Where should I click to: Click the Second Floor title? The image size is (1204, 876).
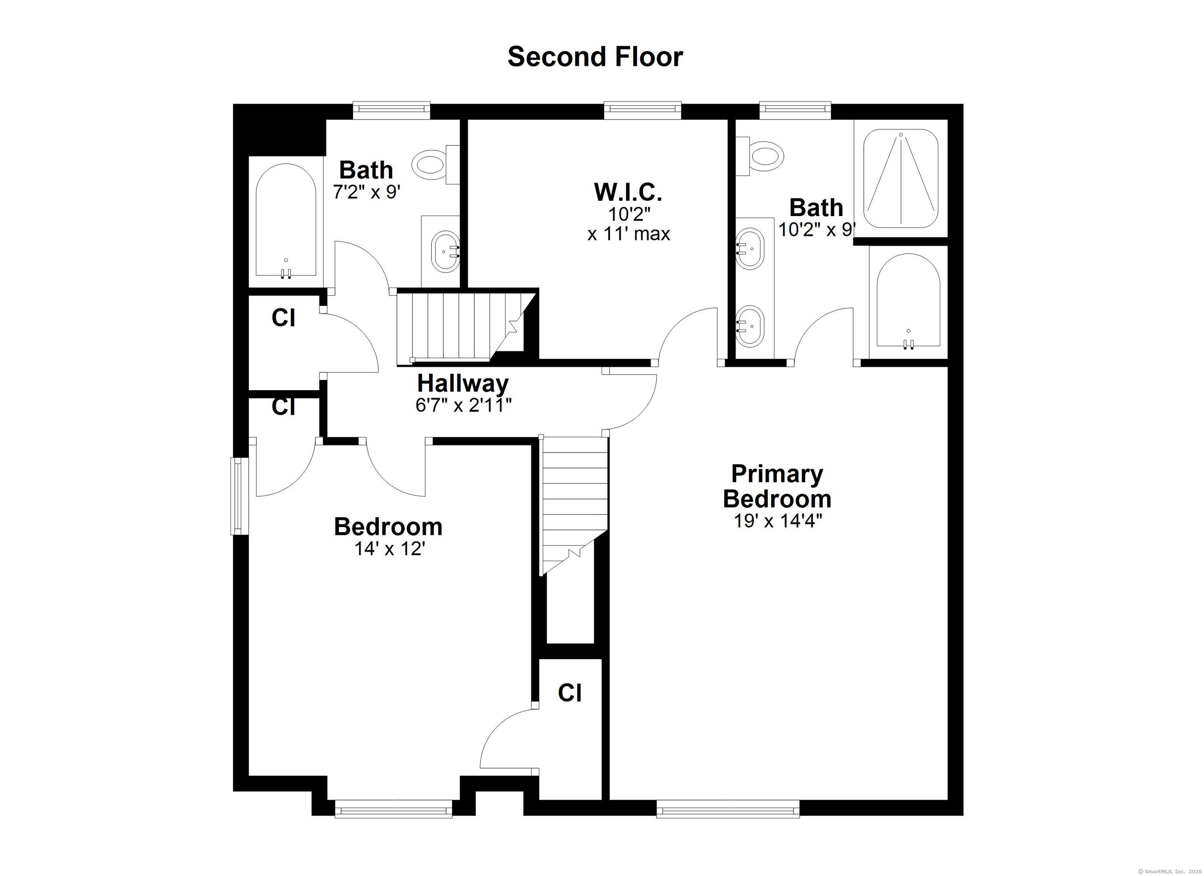point(595,57)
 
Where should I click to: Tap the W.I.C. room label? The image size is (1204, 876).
point(628,192)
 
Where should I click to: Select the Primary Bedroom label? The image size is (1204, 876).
point(777,486)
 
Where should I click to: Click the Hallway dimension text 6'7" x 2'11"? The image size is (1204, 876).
point(463,405)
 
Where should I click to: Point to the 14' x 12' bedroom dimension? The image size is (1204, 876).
point(390,548)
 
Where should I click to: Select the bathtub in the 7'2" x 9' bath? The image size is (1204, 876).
point(286,220)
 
